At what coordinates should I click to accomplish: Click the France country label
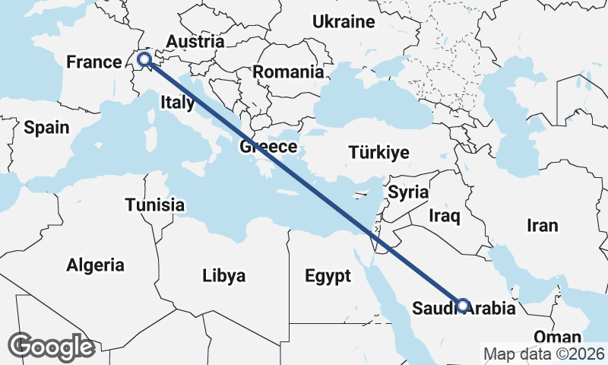[x=94, y=62]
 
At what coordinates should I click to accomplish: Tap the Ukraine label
[x=344, y=22]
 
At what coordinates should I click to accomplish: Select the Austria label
[x=195, y=42]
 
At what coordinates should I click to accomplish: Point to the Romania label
[x=288, y=72]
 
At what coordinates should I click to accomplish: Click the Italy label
[x=178, y=101]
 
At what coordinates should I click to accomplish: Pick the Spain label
[x=46, y=128]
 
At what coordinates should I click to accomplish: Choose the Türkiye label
[x=378, y=152]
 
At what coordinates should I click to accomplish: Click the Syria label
[x=408, y=192]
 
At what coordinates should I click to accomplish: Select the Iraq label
[x=445, y=217]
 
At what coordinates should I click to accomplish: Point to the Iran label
[x=543, y=225]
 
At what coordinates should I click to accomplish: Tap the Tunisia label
[x=155, y=205]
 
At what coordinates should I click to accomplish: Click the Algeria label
[x=95, y=265]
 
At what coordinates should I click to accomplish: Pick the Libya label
[x=223, y=275]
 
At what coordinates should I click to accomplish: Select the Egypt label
[x=328, y=275]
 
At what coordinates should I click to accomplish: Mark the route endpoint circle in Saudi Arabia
[x=463, y=306]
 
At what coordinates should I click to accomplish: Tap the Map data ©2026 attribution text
[x=543, y=354]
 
